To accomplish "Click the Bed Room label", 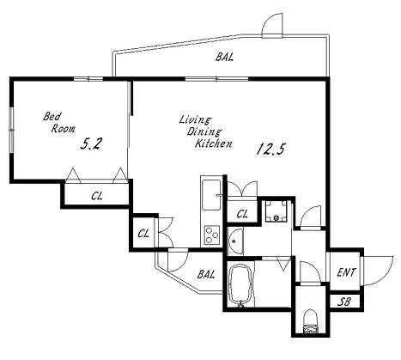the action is tap(59, 123).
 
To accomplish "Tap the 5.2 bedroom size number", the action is tap(91, 143).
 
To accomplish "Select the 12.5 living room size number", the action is tap(270, 149).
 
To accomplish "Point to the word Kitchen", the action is tap(213, 143).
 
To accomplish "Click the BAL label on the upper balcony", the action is tap(224, 57).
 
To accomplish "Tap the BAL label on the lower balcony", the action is tap(206, 274).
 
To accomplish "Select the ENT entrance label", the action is tap(346, 272).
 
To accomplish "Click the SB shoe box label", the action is tap(344, 302).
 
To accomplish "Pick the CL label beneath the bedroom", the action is tap(97, 196).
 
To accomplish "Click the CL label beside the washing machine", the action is tap(242, 214).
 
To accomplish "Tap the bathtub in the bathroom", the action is tap(240, 285).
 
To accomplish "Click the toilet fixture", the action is tap(311, 321).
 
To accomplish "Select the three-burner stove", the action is tap(212, 235).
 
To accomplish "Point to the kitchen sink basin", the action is tap(211, 195).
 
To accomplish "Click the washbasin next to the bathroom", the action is tap(235, 241).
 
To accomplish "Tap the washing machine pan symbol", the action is tap(276, 211).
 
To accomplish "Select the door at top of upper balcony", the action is tap(272, 26).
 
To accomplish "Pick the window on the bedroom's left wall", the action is tap(11, 130).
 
